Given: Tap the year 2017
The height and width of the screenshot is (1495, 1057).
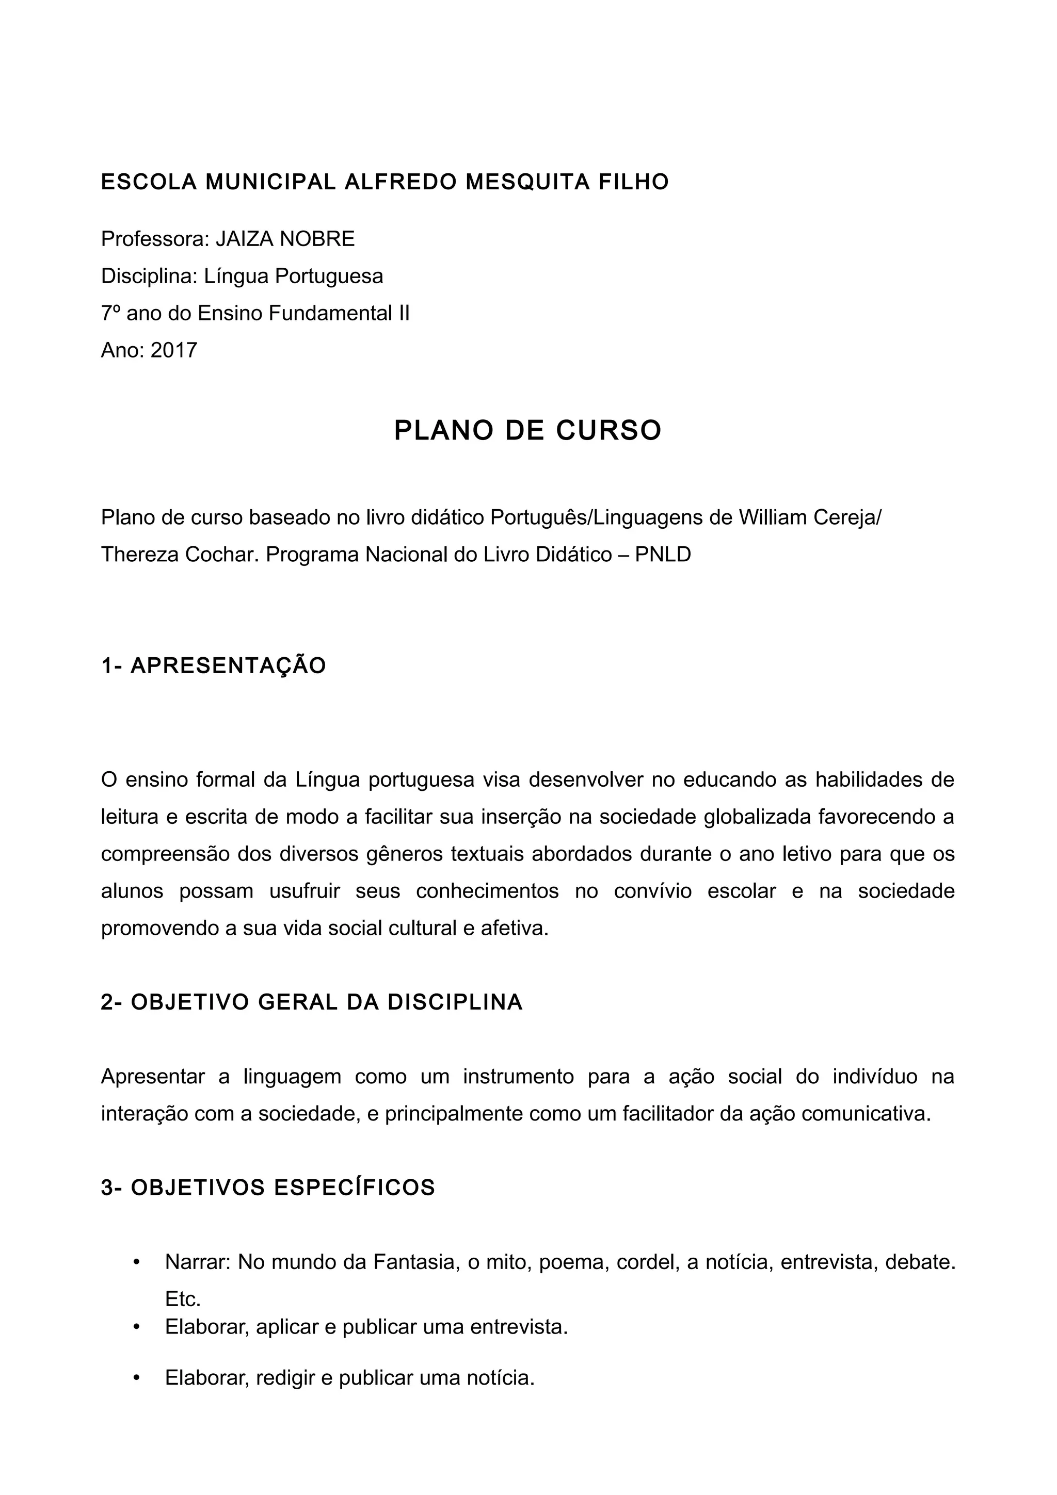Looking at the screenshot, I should [x=173, y=350].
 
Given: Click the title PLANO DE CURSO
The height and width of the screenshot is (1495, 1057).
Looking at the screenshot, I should [x=527, y=430].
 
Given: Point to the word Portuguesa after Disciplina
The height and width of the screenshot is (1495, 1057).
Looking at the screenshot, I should [x=329, y=276].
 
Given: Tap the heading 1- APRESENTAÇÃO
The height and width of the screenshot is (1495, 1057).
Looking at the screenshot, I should [x=214, y=666].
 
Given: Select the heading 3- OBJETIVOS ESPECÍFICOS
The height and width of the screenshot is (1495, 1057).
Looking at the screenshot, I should [x=268, y=1188].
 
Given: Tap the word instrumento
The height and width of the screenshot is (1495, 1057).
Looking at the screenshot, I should [x=518, y=1076].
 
